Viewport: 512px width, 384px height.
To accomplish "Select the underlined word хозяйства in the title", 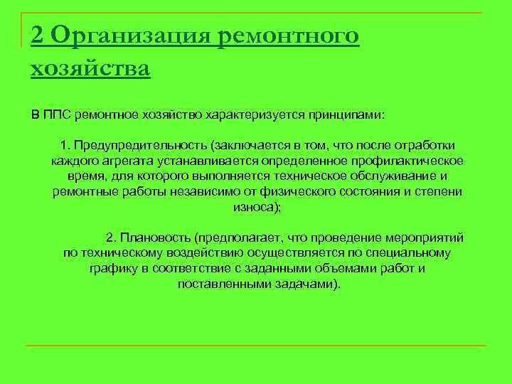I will pyautogui.click(x=90, y=69).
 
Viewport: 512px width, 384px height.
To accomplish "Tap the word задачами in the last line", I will pyautogui.click(x=306, y=284).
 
